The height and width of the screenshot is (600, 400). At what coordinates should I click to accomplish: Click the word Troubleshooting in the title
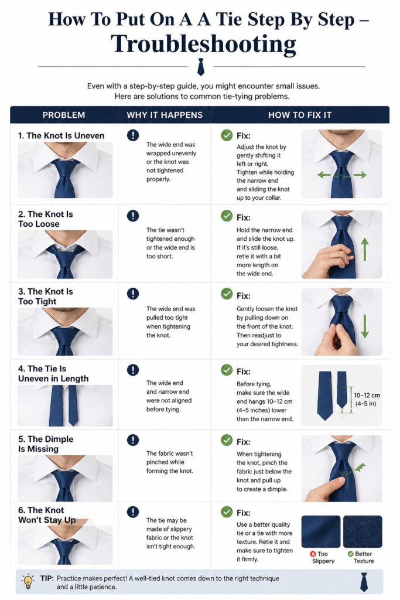coord(203,44)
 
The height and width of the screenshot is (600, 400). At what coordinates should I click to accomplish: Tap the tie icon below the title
coord(200,67)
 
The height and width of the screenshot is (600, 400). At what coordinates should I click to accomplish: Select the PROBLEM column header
coord(63,115)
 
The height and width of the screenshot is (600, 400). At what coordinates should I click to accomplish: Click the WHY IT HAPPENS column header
coord(165,115)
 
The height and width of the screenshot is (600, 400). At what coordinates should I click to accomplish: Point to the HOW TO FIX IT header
coord(300,115)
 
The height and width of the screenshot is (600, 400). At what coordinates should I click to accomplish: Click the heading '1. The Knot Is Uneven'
coord(61,135)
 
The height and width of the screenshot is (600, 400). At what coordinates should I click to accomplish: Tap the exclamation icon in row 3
coord(133,294)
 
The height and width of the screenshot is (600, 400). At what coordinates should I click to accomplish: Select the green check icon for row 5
coord(227,440)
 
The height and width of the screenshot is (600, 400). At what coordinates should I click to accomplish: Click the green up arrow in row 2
coord(365,249)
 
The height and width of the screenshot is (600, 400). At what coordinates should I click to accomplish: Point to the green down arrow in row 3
coord(365,326)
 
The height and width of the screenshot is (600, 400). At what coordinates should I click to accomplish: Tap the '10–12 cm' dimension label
coord(367,396)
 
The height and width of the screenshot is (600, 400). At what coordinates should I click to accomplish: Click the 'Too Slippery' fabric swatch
coord(321,531)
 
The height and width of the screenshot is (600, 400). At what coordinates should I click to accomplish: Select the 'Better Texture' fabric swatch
coord(363,531)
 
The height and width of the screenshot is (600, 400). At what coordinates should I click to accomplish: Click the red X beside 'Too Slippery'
coord(313,554)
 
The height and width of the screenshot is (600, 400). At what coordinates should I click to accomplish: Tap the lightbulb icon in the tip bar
coord(28,581)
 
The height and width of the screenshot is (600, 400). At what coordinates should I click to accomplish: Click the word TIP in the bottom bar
coord(47,578)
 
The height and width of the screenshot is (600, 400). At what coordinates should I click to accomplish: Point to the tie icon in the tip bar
coord(364,582)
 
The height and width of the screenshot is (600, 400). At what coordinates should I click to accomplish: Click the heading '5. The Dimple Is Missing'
coord(46,444)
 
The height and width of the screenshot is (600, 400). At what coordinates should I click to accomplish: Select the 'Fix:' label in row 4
coord(244,371)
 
